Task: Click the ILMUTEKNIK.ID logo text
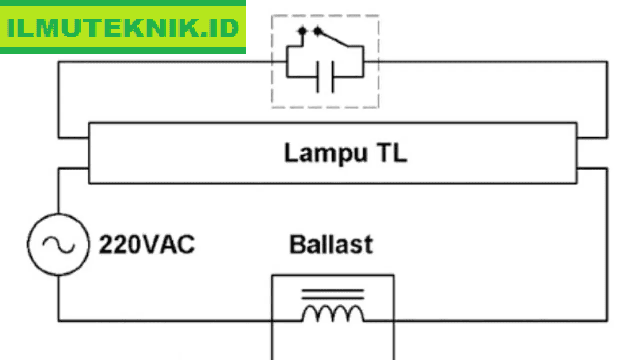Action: point(123,28)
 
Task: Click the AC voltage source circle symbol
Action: point(58,244)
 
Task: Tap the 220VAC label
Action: point(147,245)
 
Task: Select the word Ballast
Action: point(331,245)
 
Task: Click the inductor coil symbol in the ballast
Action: point(332,313)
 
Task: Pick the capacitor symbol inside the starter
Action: point(325,77)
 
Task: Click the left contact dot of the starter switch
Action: point(301,32)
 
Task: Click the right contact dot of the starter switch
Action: point(317,32)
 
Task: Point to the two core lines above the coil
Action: point(332,294)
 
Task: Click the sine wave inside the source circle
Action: point(58,244)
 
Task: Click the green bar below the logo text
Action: point(123,50)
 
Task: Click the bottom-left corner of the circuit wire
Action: point(59,320)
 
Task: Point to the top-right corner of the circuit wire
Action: point(607,62)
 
